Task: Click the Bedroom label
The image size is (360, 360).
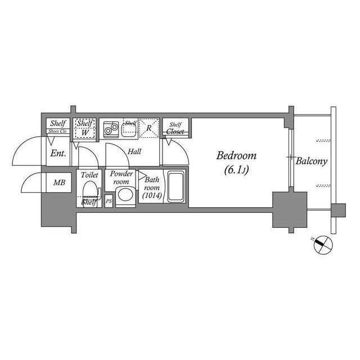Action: (236, 156)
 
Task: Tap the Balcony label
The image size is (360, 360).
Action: (312, 161)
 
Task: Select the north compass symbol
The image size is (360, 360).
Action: (322, 244)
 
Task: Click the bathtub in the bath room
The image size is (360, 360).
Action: (176, 188)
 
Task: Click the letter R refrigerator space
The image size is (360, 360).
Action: (148, 128)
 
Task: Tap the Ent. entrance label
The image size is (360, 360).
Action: (57, 153)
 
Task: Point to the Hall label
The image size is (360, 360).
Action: (134, 151)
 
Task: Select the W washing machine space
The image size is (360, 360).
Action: (85, 132)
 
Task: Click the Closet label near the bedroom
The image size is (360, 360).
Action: (175, 132)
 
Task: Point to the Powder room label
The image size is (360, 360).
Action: (121, 178)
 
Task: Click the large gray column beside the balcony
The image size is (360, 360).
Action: (289, 209)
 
